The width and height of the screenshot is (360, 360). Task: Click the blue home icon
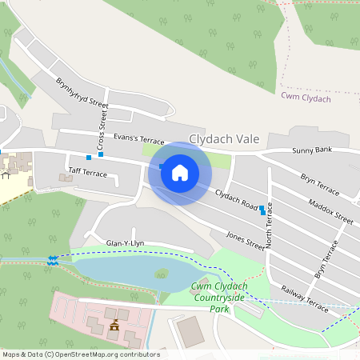point(180,172)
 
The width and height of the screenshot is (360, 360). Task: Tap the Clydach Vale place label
point(224,139)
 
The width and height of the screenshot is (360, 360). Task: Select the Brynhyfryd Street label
point(82,93)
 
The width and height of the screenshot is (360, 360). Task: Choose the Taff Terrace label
point(87,172)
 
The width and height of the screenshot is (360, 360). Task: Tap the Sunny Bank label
point(311,150)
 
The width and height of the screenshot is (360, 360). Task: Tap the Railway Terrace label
point(305,298)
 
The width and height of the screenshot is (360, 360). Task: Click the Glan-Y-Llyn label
point(126,242)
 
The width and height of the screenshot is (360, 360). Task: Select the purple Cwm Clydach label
point(306,97)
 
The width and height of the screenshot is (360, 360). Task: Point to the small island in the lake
point(162,274)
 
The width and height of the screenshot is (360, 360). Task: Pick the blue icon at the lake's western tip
point(53,259)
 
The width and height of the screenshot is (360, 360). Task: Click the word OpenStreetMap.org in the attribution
point(107,354)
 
